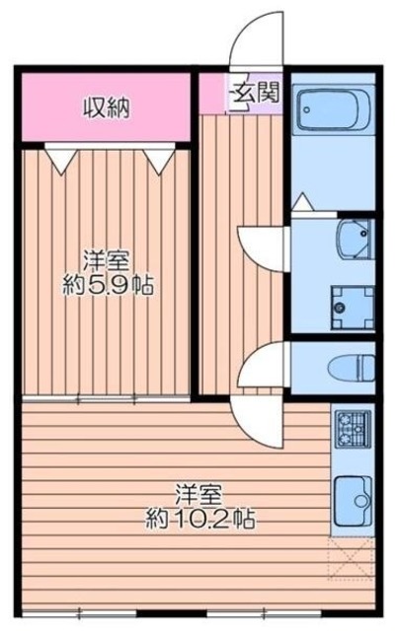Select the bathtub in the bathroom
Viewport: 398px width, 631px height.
pos(333,111)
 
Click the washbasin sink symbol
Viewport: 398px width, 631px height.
pos(352,238)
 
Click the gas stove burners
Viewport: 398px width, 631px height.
pos(352,428)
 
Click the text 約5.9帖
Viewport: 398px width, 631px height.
pos(109,287)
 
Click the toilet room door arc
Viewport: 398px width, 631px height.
pos(263,363)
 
